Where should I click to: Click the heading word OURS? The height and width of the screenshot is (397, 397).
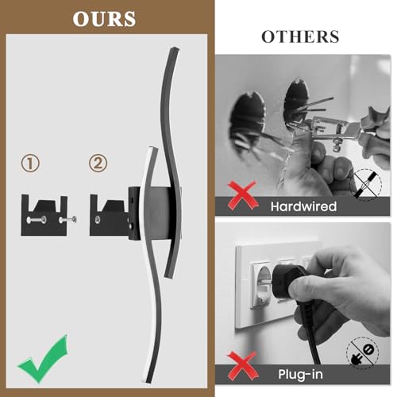(x=104, y=19)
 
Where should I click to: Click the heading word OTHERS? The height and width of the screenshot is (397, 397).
(x=300, y=37)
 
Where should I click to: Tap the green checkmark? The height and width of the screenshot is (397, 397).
(x=43, y=359)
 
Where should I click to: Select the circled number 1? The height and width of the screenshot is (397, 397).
(x=30, y=163)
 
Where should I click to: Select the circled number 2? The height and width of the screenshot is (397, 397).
(x=98, y=163)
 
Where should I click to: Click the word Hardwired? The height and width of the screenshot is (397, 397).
(x=303, y=206)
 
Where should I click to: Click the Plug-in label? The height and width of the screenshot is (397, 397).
(x=301, y=374)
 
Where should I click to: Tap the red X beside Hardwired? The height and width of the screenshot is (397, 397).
(x=243, y=195)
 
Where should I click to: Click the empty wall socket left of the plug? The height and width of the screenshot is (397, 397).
(x=262, y=284)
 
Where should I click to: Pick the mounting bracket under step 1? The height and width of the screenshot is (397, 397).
(x=44, y=216)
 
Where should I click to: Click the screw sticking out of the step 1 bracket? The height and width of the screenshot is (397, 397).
(x=67, y=219)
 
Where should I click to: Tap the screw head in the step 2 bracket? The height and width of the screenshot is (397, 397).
(x=98, y=219)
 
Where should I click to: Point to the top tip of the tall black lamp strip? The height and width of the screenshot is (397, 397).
(x=175, y=49)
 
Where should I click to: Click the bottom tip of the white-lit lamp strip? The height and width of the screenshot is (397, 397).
(x=148, y=382)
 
